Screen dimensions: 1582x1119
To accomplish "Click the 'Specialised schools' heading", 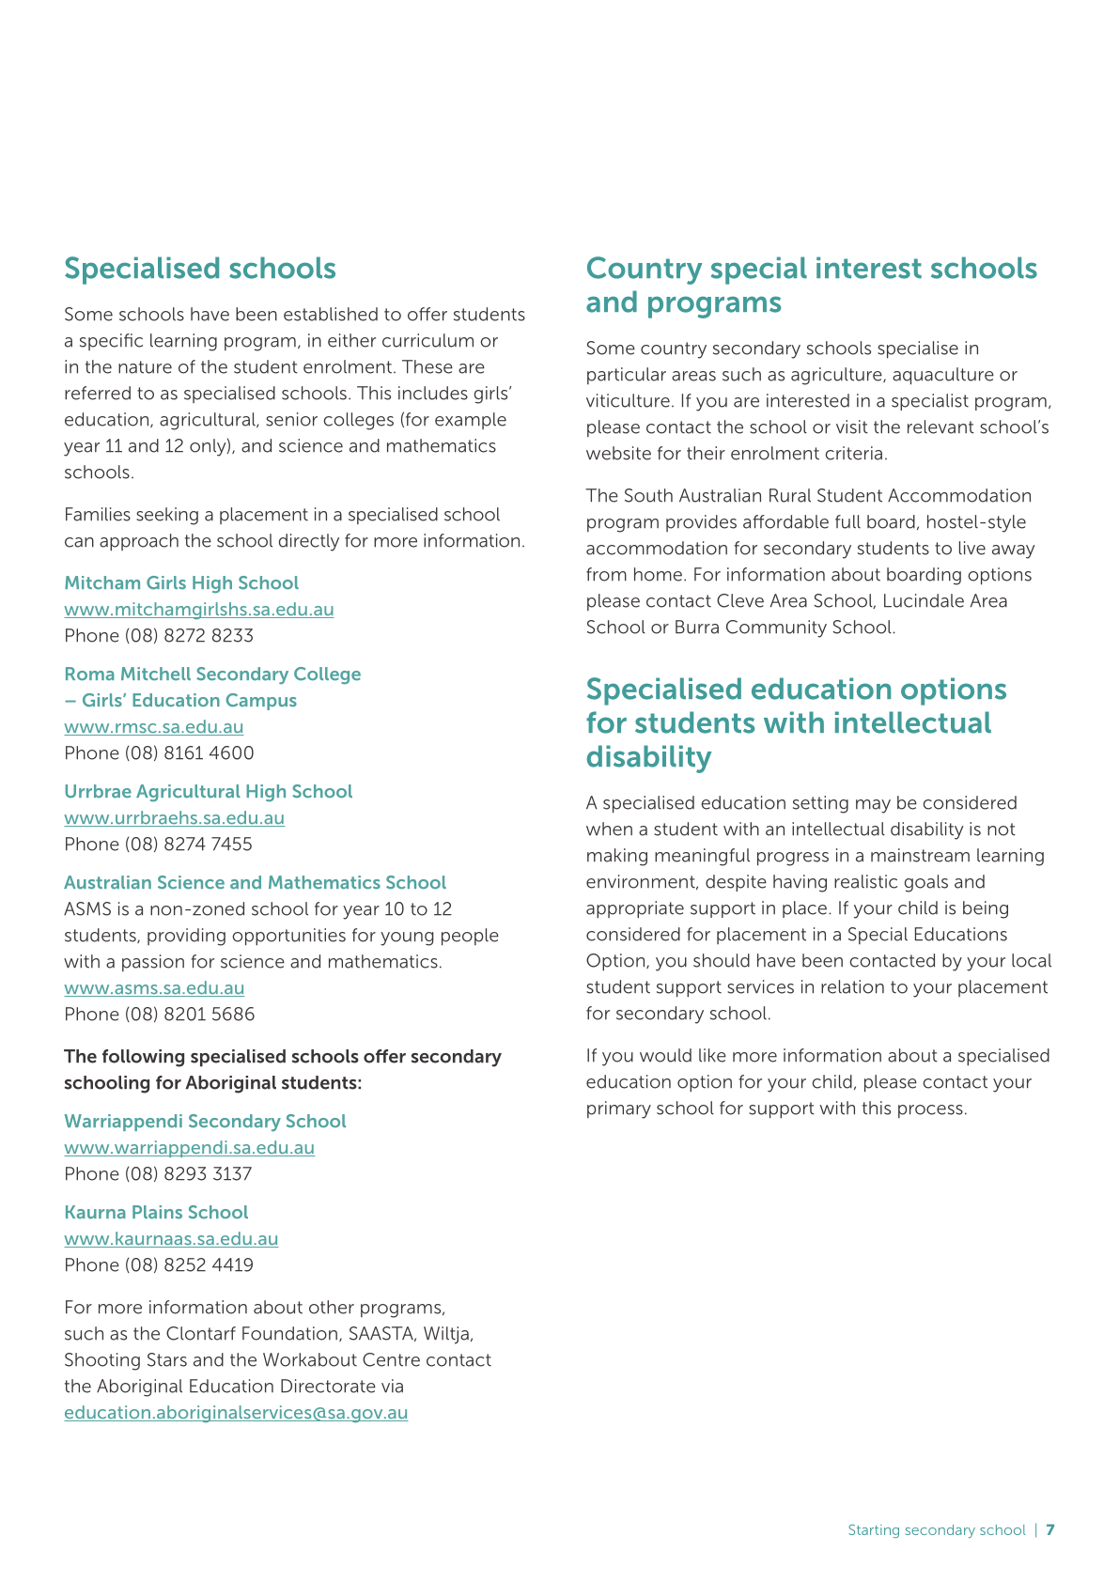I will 199,269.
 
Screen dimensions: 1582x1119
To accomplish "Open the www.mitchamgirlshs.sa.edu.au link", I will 198,610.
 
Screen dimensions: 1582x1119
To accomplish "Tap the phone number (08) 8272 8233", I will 189,636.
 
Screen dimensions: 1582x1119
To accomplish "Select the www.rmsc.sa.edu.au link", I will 153,727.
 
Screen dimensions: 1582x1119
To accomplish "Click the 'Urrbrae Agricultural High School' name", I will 208,792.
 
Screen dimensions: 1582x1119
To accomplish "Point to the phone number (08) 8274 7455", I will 188,845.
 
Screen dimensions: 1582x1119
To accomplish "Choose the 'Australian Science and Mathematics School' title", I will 255,883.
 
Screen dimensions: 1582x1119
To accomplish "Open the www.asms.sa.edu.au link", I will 154,988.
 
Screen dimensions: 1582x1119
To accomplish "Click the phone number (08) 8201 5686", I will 190,1015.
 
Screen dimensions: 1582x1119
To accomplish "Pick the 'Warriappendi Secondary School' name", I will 205,1122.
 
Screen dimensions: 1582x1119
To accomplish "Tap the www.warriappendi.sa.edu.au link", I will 189,1148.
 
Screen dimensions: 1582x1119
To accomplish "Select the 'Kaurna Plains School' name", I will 156,1213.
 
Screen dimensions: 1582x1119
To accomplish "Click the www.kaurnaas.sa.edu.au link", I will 171,1239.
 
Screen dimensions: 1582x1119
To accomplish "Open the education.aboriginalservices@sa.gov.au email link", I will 236,1413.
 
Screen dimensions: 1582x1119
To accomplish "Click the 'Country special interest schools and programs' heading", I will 811,286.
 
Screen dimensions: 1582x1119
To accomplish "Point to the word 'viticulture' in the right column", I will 627,401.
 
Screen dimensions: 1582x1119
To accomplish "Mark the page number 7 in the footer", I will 1050,1530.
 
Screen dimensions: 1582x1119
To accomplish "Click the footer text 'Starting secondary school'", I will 936,1530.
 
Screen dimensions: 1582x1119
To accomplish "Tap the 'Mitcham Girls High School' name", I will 181,583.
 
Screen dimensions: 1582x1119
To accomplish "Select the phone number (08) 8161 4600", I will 189,753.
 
